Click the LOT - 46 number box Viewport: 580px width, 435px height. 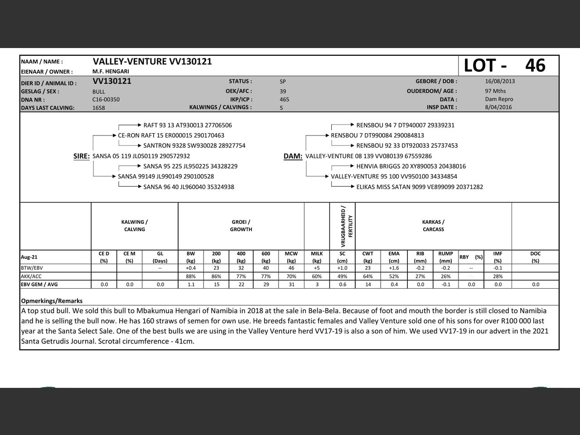click(508, 66)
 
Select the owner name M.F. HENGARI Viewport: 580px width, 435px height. click(111, 72)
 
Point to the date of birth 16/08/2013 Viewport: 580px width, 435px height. click(500, 82)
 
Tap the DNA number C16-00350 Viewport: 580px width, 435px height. click(106, 100)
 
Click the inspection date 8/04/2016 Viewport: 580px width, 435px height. click(498, 107)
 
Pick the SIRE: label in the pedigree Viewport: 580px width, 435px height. click(82, 156)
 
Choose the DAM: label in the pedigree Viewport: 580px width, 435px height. click(293, 156)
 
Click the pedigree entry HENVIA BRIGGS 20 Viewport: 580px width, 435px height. click(411, 166)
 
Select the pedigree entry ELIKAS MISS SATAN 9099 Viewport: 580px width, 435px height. click(420, 187)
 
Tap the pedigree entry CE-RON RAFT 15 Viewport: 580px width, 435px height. click(171, 135)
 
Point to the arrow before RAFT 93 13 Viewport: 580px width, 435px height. click(130, 126)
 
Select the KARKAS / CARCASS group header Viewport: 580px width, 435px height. click(433, 226)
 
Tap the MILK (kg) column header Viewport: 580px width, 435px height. click(317, 257)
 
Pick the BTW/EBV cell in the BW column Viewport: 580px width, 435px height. click(191, 268)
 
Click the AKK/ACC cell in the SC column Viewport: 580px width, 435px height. click(342, 276)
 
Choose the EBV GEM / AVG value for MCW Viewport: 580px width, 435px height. click(291, 285)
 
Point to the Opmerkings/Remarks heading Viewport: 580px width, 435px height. click(52, 301)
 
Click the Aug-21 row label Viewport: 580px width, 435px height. click(29, 257)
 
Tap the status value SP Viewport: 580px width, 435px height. click(283, 82)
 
